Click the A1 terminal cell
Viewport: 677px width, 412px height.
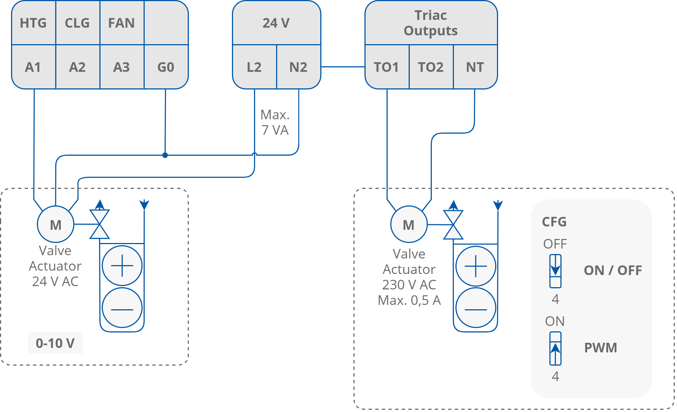point(33,67)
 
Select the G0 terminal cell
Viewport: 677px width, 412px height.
point(166,67)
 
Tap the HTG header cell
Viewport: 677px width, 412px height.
point(33,23)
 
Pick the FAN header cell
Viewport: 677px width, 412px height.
point(121,23)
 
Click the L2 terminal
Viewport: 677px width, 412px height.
point(254,67)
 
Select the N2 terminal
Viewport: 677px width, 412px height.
point(298,67)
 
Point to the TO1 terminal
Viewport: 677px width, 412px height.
point(387,67)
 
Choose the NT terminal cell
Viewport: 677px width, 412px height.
point(475,67)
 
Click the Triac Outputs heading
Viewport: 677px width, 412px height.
point(431,23)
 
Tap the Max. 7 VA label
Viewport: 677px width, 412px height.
point(275,123)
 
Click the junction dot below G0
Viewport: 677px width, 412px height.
point(165,155)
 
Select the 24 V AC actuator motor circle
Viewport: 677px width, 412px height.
point(56,224)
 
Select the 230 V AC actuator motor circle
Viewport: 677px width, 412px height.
point(409,224)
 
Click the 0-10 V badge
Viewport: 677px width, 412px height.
point(56,343)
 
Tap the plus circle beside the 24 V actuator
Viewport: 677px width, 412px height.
point(122,266)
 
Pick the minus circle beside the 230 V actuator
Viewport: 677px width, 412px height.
point(476,309)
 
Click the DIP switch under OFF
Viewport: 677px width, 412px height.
point(555,271)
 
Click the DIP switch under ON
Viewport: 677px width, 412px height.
point(555,348)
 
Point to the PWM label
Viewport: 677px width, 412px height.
point(600,348)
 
